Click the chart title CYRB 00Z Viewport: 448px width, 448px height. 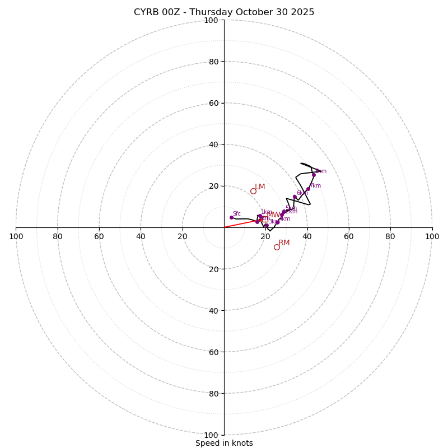[x=224, y=12]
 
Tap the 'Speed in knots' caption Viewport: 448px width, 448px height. [x=224, y=444]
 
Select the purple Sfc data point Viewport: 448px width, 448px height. [x=231, y=217]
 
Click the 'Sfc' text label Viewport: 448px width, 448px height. [x=237, y=213]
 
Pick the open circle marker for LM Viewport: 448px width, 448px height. [x=253, y=191]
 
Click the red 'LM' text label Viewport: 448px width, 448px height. [x=260, y=187]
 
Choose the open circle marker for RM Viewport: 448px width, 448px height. [x=277, y=247]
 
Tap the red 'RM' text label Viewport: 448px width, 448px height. [x=284, y=243]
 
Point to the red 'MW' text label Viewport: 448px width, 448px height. [x=273, y=215]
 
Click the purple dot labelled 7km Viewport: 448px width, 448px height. [x=308, y=189]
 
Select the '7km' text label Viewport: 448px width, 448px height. [x=315, y=186]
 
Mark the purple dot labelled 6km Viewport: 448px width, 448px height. [x=295, y=197]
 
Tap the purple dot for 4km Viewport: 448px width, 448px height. [x=277, y=222]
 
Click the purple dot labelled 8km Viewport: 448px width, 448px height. [x=314, y=175]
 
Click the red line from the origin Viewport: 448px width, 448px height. [x=241, y=223]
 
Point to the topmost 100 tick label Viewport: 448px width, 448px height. [x=211, y=20]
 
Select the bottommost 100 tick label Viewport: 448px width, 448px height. [x=211, y=435]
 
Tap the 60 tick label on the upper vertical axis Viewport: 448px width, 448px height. [x=213, y=103]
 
